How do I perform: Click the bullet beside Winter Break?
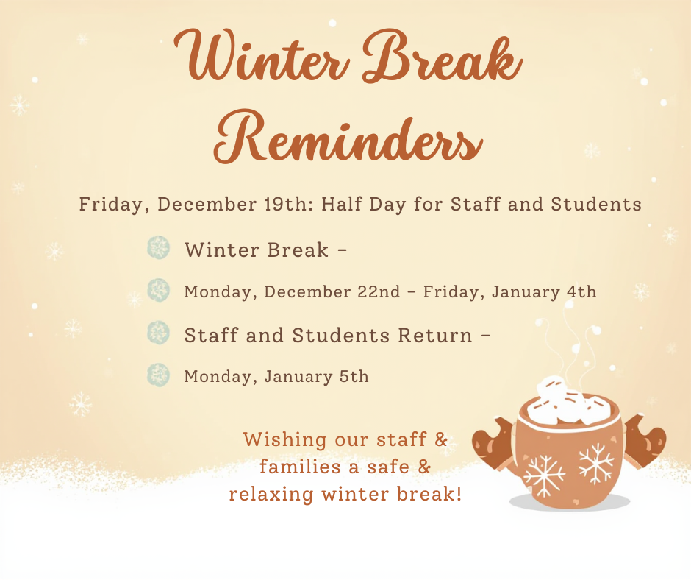point(158,247)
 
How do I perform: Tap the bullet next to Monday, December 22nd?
point(158,290)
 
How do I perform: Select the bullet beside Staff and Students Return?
point(158,333)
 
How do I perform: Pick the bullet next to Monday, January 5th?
point(158,375)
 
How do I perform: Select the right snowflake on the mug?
point(596,464)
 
